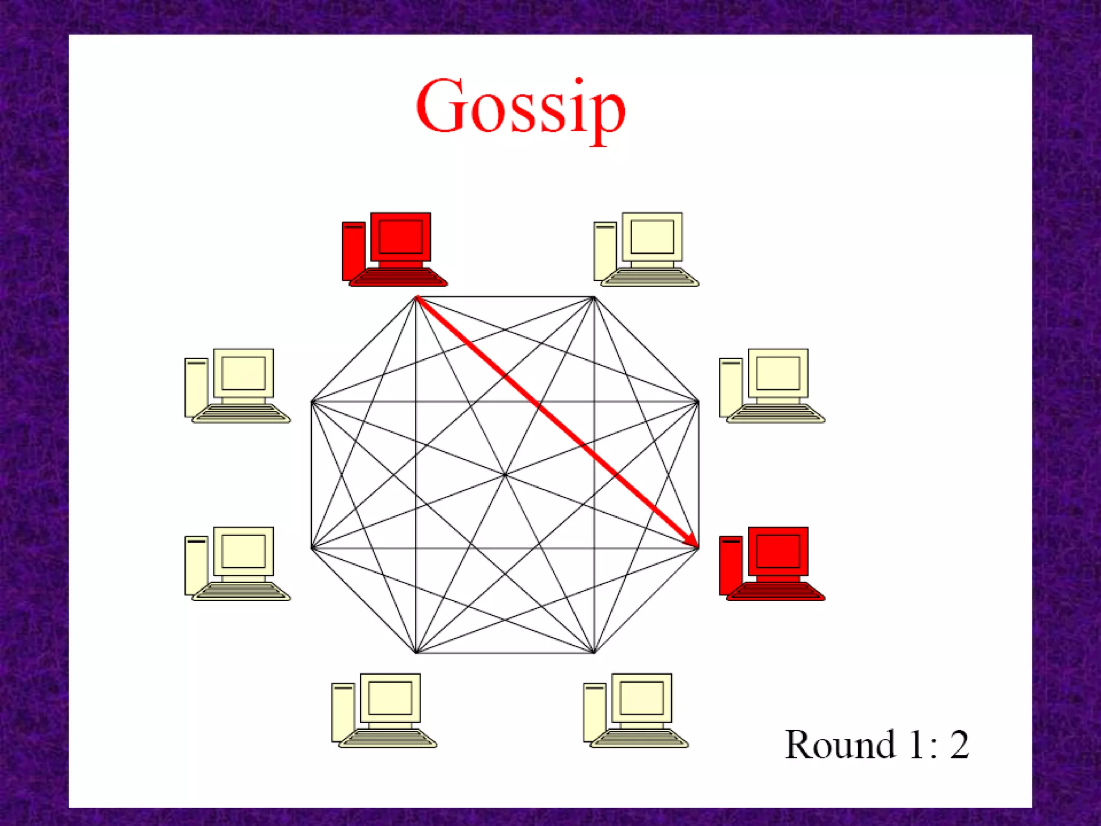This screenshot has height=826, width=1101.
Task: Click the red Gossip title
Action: click(x=520, y=108)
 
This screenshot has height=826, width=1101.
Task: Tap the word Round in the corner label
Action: click(x=839, y=745)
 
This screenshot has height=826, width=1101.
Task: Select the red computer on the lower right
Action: click(x=771, y=564)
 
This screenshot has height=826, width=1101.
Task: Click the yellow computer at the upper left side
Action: click(x=237, y=386)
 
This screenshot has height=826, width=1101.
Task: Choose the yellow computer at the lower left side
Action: click(x=237, y=564)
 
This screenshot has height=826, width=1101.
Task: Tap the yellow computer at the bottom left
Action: click(x=384, y=710)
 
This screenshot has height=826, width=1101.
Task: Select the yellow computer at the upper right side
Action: click(x=771, y=386)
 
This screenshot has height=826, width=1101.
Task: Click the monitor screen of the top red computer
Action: click(x=401, y=237)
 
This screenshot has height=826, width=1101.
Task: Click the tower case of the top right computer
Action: click(x=605, y=251)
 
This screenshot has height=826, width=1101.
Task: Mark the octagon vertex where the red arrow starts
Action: click(x=417, y=297)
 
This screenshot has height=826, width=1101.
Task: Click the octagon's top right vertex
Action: click(x=594, y=297)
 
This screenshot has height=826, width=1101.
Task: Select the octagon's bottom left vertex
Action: click(x=417, y=653)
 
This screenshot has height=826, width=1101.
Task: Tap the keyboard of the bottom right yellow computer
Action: click(x=639, y=739)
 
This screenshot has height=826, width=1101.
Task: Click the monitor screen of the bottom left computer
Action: click(x=390, y=697)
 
